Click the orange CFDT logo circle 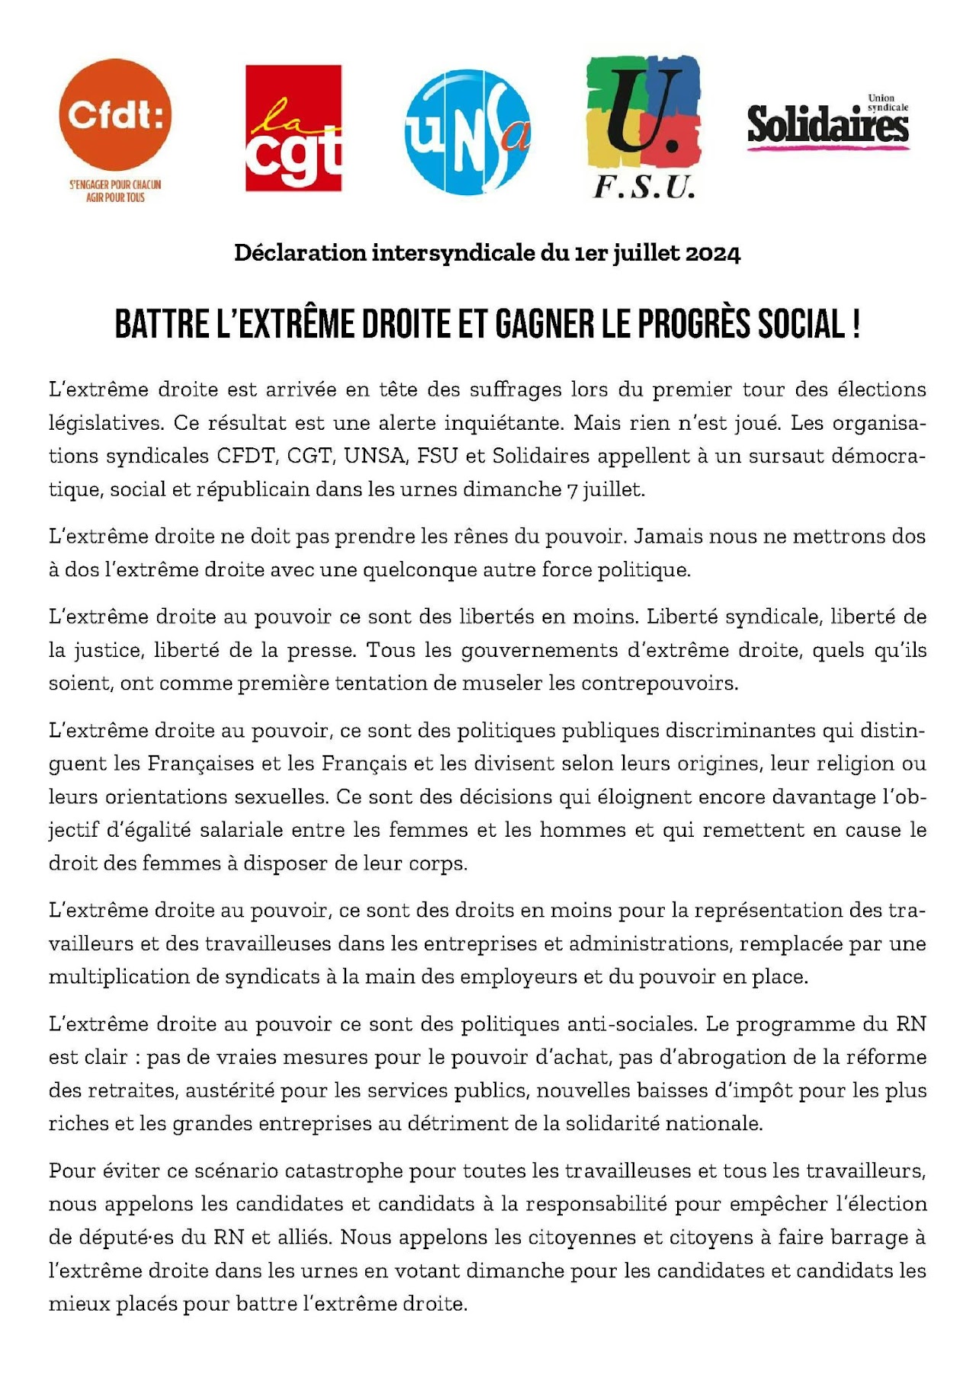point(115,114)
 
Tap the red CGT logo point(293,128)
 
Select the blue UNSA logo point(467,132)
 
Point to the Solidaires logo point(827,123)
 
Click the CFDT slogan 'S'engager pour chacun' point(115,184)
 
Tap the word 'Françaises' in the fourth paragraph point(201,764)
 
